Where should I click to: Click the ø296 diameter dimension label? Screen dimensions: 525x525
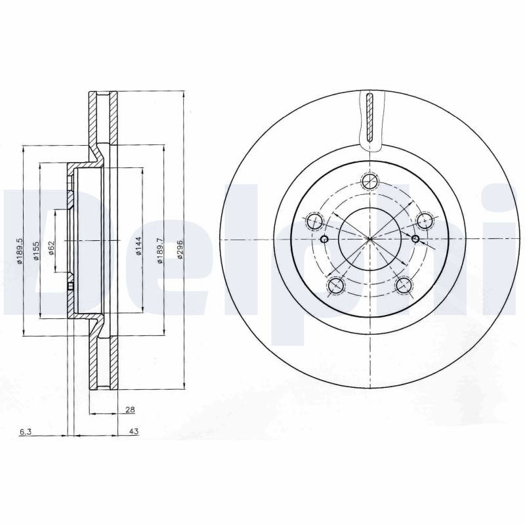click(x=179, y=249)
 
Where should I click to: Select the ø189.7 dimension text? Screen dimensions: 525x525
click(x=159, y=250)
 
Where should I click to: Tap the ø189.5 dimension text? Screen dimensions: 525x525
click(x=20, y=251)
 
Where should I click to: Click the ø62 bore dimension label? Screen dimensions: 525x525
click(x=51, y=248)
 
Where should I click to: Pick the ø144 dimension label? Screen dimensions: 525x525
click(x=139, y=247)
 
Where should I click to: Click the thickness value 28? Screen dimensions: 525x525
click(x=130, y=409)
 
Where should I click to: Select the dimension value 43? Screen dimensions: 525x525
click(x=134, y=432)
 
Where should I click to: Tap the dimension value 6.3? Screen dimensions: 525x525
click(x=26, y=432)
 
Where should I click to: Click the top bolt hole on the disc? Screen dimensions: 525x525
click(x=369, y=182)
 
